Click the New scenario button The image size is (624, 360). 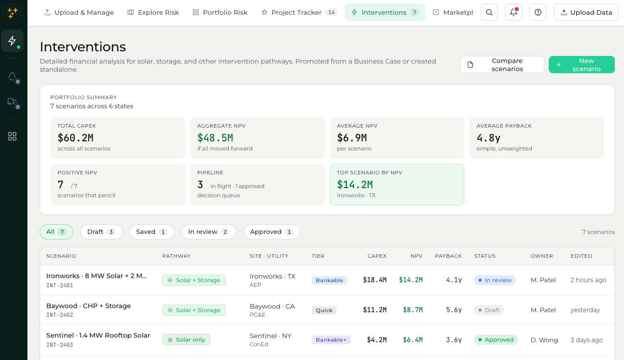581,65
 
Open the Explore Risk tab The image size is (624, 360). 153,13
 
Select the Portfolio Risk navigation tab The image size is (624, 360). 220,13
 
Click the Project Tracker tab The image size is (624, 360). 299,13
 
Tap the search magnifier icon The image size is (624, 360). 489,12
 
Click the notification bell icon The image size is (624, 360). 514,12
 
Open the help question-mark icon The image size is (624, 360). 538,12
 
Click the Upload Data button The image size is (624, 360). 586,12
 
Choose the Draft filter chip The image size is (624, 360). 101,232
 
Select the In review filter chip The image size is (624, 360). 209,232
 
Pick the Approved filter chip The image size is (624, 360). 272,232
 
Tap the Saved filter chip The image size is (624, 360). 152,232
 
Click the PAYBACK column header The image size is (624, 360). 448,256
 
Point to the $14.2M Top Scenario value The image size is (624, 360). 354,185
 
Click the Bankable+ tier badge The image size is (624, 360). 331,340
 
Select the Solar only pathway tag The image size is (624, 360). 186,340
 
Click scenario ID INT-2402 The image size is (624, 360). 60,315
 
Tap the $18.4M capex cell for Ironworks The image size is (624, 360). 375,280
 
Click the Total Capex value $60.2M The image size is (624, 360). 75,138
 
